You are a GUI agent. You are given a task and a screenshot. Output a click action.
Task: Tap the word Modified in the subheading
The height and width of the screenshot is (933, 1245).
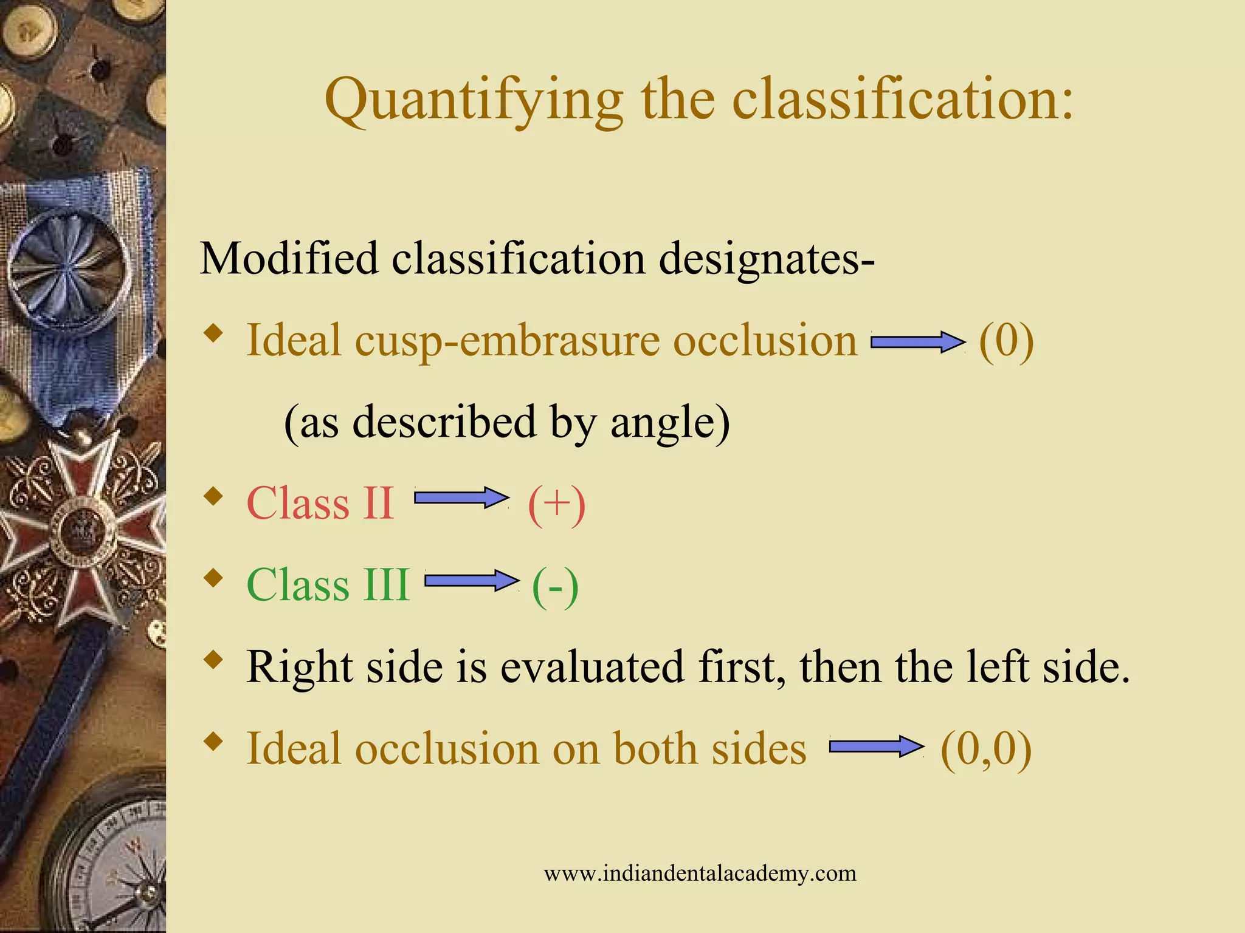[289, 258]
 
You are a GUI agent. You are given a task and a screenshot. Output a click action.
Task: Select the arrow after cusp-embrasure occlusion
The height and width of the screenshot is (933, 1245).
[918, 342]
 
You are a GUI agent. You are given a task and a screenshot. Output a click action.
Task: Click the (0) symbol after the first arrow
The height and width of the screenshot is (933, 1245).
[1006, 341]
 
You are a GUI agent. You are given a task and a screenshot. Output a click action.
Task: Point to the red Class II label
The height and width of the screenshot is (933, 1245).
[320, 504]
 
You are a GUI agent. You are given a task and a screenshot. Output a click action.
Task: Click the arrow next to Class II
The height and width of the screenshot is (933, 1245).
[461, 498]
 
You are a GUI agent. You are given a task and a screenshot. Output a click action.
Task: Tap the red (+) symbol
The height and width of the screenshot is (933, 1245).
[556, 505]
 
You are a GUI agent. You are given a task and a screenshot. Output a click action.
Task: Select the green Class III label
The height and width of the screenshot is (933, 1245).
[328, 585]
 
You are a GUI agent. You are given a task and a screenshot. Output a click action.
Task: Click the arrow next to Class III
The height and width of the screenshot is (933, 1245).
[472, 581]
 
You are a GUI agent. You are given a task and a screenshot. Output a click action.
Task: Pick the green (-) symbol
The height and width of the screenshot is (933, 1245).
[555, 586]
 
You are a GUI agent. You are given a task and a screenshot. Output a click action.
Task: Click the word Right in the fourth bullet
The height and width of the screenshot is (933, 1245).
[299, 667]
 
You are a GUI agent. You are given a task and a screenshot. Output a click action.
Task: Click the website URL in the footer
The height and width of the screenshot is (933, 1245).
[700, 873]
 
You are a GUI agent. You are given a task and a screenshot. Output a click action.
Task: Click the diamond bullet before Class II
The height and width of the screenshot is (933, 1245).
[213, 497]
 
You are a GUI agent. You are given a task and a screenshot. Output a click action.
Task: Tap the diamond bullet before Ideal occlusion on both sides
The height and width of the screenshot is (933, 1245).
[213, 742]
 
